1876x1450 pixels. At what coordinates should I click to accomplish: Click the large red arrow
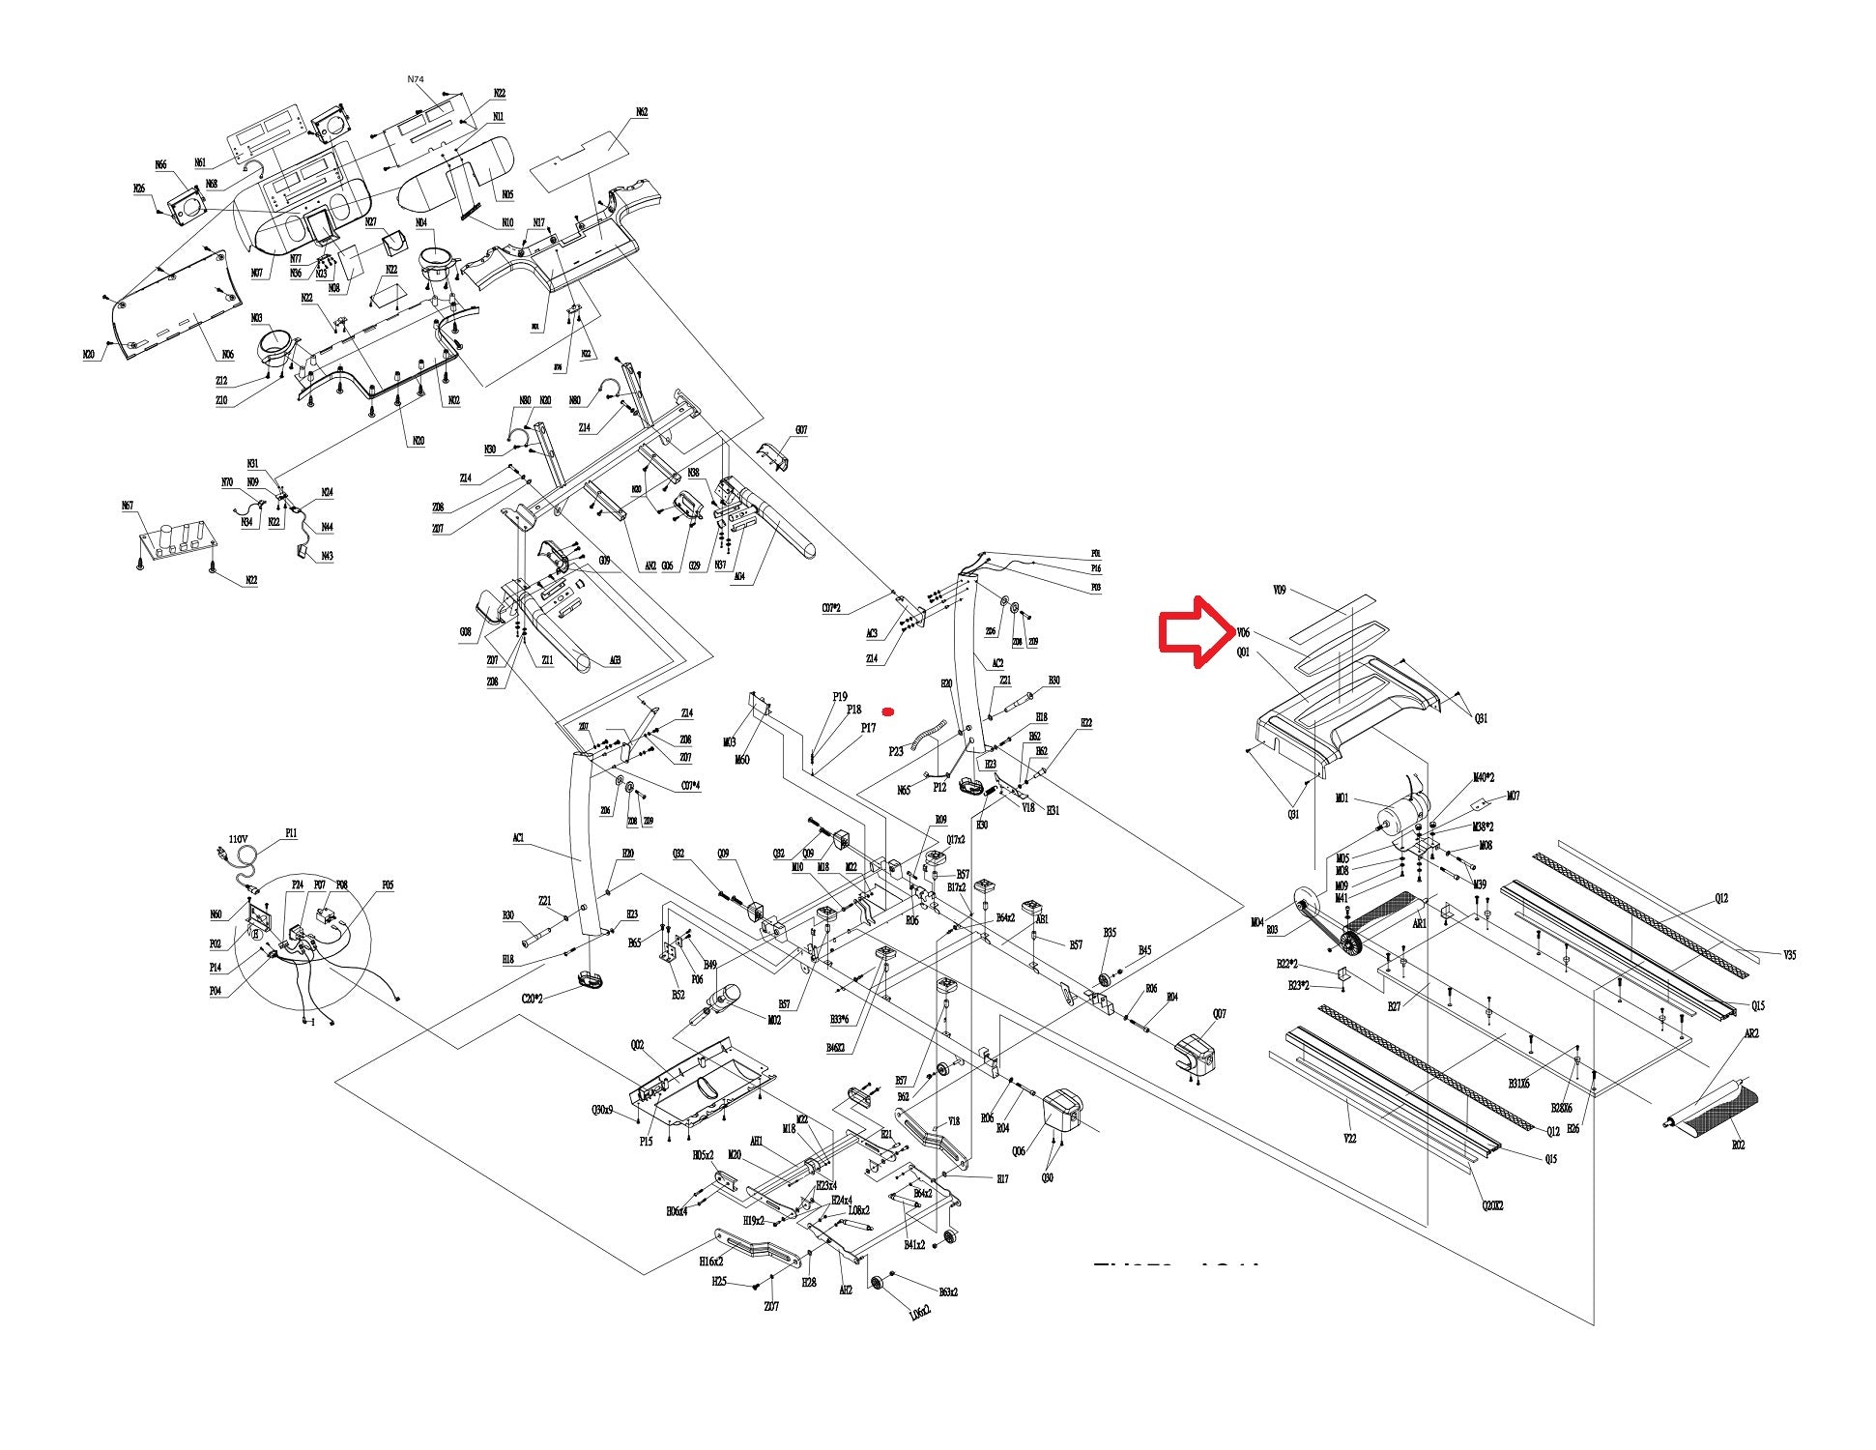[x=1194, y=631]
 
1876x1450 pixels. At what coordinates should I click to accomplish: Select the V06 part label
[x=1243, y=633]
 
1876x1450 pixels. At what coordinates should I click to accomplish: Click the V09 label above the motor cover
[x=1280, y=589]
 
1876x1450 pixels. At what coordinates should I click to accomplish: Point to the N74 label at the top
[x=416, y=78]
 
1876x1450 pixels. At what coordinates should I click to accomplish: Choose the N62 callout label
[x=642, y=113]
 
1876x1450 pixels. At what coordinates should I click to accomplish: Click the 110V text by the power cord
[x=239, y=839]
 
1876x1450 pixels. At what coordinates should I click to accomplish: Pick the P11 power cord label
[x=291, y=832]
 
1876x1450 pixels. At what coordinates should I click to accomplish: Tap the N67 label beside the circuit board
[x=128, y=505]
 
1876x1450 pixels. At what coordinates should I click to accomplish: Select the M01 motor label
[x=1342, y=798]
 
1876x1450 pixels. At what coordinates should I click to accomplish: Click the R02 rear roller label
[x=1739, y=1145]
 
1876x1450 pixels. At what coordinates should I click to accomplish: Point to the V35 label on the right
[x=1790, y=955]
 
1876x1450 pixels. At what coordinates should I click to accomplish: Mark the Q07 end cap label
[x=1220, y=1014]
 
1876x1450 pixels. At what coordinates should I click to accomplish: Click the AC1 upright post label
[x=518, y=838]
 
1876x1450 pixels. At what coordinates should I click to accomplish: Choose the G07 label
[x=801, y=430]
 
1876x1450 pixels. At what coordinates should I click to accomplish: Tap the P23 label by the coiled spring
[x=896, y=751]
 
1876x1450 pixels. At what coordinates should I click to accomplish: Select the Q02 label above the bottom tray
[x=637, y=1045]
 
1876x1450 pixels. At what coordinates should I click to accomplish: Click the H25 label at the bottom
[x=718, y=1282]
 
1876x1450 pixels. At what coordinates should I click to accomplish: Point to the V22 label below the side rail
[x=1350, y=1139]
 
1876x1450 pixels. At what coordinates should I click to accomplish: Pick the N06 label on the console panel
[x=227, y=355]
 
